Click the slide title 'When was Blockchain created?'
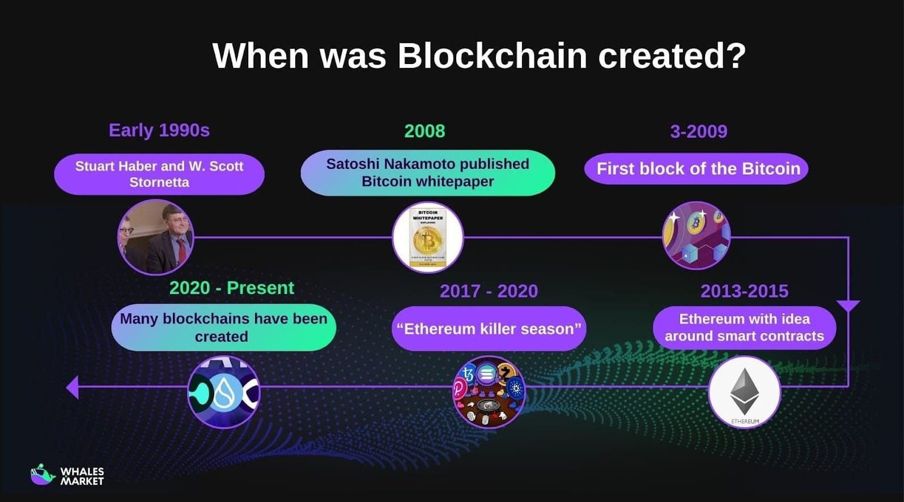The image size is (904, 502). (x=479, y=56)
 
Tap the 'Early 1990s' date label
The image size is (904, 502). (x=159, y=130)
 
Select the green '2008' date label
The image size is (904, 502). (x=425, y=131)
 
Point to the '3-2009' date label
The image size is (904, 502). (x=698, y=131)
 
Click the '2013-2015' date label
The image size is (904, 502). (x=744, y=291)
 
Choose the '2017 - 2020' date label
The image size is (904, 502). (x=489, y=291)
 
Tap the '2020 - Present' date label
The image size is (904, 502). (x=232, y=288)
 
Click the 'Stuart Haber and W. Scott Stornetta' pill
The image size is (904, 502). (x=159, y=174)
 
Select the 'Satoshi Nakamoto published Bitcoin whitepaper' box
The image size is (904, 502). (x=428, y=173)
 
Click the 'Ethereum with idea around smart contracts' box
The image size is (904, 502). (x=744, y=327)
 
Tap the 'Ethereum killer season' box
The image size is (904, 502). (x=489, y=329)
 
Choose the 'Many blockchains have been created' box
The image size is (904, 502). (x=223, y=327)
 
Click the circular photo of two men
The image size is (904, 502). (x=156, y=237)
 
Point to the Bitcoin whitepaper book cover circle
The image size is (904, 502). (x=428, y=237)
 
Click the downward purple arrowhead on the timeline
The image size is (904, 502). (x=848, y=306)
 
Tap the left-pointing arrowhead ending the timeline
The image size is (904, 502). (x=73, y=388)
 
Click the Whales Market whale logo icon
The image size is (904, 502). (x=43, y=475)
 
